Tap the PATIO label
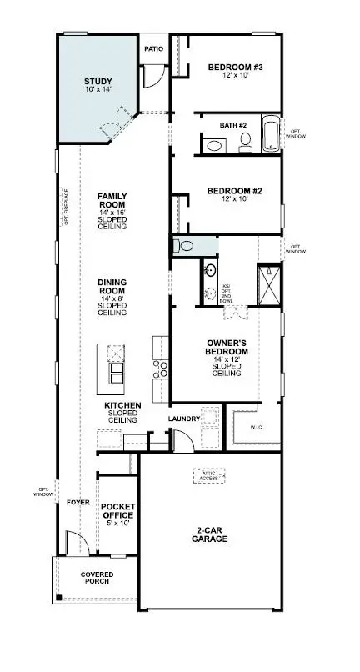154,48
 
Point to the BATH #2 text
233,125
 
